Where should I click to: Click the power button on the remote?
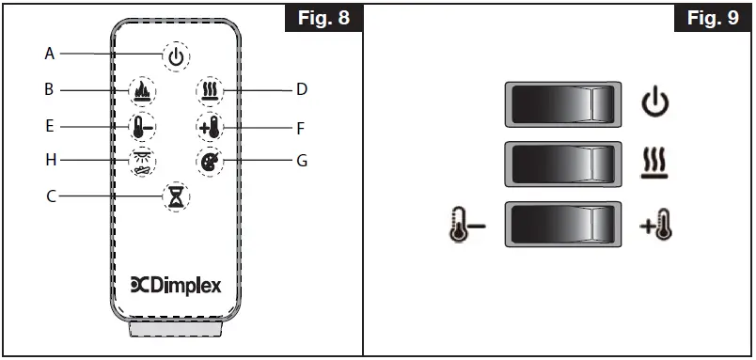coord(176,57)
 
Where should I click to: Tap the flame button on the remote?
coord(142,92)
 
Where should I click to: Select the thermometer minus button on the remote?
coord(142,127)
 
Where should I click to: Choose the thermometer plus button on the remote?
coord(210,127)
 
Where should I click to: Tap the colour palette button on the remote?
coord(210,161)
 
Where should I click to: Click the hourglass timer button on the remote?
coord(176,196)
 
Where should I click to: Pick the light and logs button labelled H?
coord(142,163)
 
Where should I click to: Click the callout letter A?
coord(50,54)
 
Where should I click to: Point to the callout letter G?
coord(302,161)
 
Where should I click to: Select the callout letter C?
coord(50,196)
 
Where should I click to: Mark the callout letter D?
coord(302,90)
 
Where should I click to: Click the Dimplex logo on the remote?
coord(176,286)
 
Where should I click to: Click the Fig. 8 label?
coord(322,19)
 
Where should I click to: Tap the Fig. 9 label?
coord(712,19)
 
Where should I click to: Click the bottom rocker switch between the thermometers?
coord(564,225)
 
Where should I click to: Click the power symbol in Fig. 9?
coord(655,104)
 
